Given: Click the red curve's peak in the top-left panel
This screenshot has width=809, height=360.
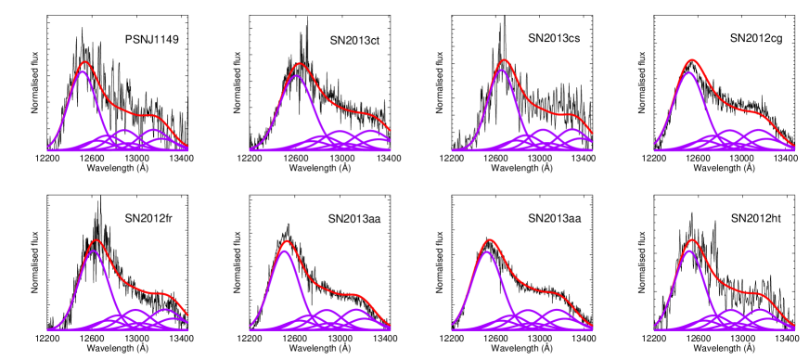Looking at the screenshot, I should [84, 62].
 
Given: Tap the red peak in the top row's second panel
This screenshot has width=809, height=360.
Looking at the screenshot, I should [299, 64].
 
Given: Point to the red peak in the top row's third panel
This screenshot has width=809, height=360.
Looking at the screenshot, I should [504, 60].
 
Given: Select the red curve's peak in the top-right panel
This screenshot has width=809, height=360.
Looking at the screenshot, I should [691, 60].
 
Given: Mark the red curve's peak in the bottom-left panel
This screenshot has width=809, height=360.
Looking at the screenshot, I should [96, 240].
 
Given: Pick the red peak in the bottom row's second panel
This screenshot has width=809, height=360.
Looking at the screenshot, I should [287, 241].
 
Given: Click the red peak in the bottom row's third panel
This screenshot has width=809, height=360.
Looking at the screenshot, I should [489, 240].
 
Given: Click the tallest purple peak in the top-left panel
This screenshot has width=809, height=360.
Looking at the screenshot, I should [83, 71].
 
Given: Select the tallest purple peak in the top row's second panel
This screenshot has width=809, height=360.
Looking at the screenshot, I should [296, 76].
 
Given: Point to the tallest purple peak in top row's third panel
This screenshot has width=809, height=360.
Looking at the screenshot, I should [501, 70].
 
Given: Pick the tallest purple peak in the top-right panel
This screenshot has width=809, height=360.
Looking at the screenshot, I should [688, 72].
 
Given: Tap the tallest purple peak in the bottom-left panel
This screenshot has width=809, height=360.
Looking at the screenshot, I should [93, 251].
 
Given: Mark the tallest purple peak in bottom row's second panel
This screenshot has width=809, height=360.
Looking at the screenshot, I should [284, 251].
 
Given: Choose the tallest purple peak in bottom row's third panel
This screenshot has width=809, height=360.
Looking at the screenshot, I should [487, 251].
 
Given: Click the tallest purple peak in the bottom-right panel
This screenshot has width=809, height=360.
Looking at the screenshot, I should [688, 251].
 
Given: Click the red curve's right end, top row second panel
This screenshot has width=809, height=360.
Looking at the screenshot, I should [390, 130].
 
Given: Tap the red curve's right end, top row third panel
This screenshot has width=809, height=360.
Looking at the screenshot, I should [592, 134].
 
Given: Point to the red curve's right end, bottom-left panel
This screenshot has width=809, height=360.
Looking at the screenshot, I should [187, 315].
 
